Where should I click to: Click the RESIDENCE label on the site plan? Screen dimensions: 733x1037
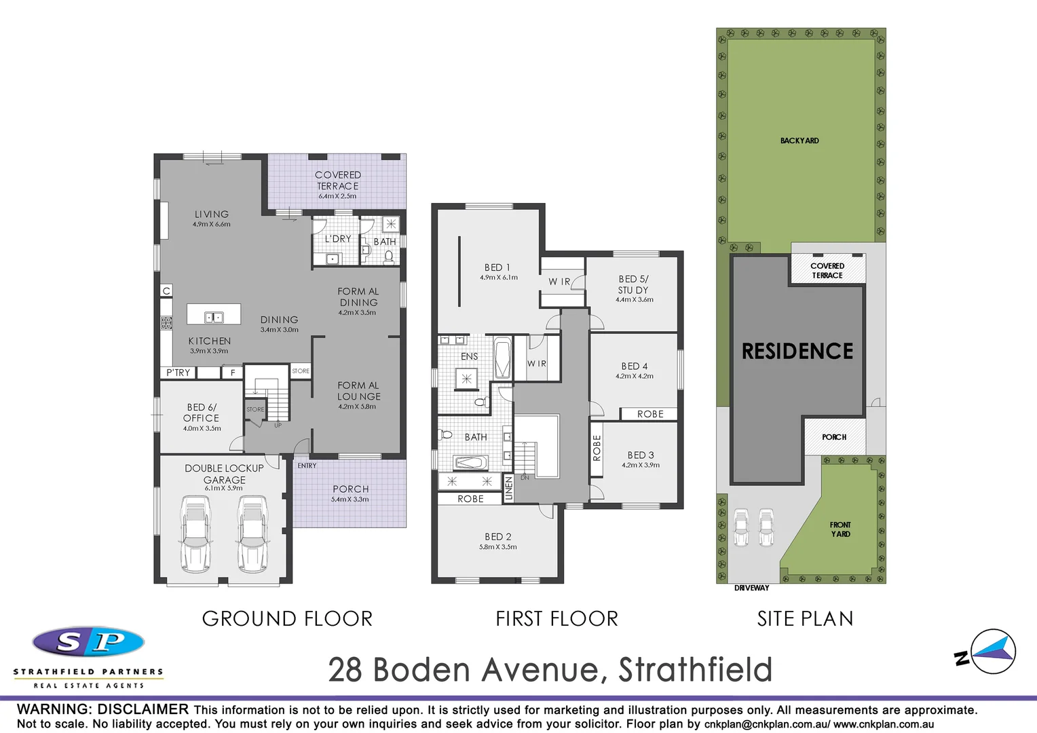pyautogui.click(x=797, y=352)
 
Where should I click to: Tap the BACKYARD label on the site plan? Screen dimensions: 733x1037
pyautogui.click(x=799, y=140)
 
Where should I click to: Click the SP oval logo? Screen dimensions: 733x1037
pyautogui.click(x=89, y=642)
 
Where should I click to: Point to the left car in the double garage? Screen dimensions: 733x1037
pyautogui.click(x=195, y=534)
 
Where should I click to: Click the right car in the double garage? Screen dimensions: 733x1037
pyautogui.click(x=252, y=534)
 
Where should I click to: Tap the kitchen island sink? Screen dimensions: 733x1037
pyautogui.click(x=214, y=317)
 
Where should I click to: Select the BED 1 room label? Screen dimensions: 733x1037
pyautogui.click(x=497, y=267)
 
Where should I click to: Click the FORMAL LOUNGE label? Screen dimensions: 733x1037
pyautogui.click(x=358, y=391)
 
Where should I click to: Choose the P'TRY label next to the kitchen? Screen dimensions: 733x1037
pyautogui.click(x=178, y=373)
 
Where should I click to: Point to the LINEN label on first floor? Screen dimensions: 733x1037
pyautogui.click(x=508, y=489)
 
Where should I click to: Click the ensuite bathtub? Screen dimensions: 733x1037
pyautogui.click(x=502, y=358)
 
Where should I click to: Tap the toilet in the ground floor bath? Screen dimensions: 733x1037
pyautogui.click(x=389, y=257)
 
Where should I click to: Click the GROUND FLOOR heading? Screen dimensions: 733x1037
pyautogui.click(x=287, y=619)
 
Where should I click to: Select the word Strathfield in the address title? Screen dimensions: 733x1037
pyautogui.click(x=695, y=670)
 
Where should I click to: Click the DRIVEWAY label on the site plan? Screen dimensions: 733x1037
pyautogui.click(x=751, y=588)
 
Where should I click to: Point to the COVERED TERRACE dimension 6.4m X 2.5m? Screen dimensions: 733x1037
pyautogui.click(x=337, y=196)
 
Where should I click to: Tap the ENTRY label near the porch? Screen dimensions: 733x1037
pyautogui.click(x=307, y=466)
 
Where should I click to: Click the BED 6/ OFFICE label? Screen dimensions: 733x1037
pyautogui.click(x=201, y=413)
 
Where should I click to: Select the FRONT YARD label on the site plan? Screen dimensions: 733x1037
pyautogui.click(x=840, y=529)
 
